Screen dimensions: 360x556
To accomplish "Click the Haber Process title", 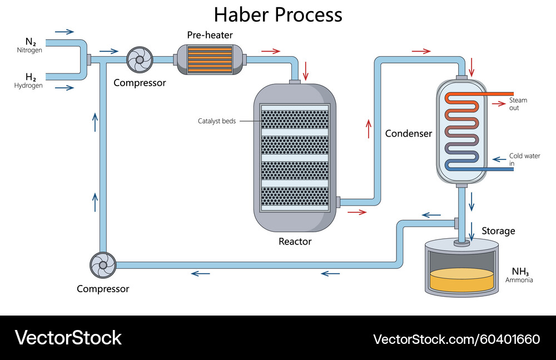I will (x=278, y=14).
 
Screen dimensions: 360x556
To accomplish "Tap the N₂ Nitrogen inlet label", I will (x=30, y=45).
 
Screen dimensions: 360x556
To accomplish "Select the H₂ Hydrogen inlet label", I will (x=29, y=81).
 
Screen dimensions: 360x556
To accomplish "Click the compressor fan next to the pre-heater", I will (x=140, y=59).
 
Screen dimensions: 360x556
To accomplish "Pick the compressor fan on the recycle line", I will (x=103, y=265).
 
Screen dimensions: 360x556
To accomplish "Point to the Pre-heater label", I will (x=210, y=36).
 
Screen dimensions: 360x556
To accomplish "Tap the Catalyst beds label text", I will (x=216, y=121).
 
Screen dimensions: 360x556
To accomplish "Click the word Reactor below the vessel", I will (x=295, y=242).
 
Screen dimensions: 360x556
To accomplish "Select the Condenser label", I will (x=408, y=134).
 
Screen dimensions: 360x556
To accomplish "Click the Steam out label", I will (x=518, y=104).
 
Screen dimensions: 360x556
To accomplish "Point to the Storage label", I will (x=498, y=231).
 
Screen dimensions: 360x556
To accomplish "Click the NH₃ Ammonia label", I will (x=519, y=275).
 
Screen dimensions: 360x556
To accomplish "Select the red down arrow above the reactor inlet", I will (x=305, y=72).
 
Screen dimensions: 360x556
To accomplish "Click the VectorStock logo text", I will (x=68, y=338).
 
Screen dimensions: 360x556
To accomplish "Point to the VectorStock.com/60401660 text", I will (x=456, y=339).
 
